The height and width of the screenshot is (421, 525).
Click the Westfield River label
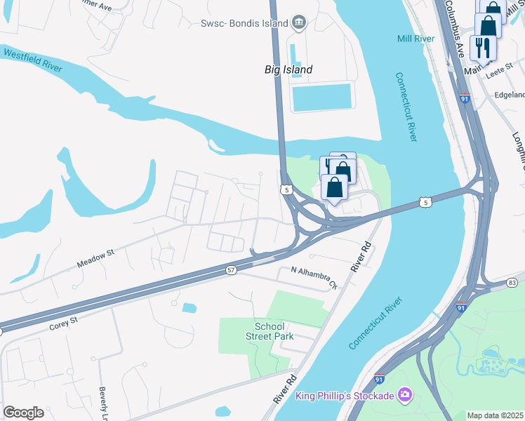(32, 60)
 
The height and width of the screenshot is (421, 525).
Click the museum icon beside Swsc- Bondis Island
(299, 23)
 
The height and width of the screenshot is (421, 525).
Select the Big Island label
(288, 69)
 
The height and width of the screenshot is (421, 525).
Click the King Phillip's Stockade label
(344, 396)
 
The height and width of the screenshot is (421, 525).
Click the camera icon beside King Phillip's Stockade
(404, 396)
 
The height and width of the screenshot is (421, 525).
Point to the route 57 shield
(231, 269)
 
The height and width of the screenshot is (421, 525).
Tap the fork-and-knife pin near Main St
(482, 48)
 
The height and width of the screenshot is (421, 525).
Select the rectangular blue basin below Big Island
(321, 98)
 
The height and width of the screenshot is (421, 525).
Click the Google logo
(23, 413)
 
